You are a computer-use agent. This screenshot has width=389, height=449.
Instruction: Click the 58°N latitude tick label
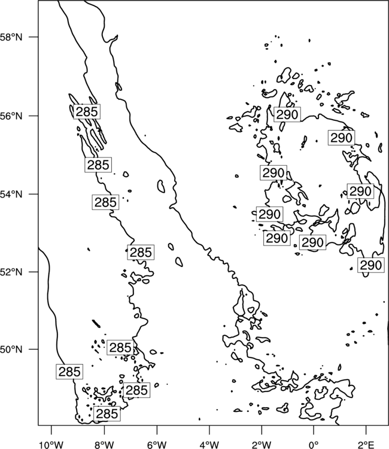click(x=11, y=37)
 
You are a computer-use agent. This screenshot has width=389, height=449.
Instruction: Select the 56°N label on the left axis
click(x=11, y=116)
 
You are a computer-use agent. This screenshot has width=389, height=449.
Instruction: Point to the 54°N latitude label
click(x=11, y=195)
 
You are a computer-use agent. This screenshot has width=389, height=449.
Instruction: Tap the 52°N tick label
click(x=11, y=272)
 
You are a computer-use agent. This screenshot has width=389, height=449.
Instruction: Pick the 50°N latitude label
click(x=11, y=350)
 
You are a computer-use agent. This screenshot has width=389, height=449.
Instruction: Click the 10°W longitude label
click(x=51, y=444)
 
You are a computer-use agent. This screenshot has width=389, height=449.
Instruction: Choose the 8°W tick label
click(x=104, y=444)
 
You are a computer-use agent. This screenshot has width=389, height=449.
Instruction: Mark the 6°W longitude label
click(x=157, y=444)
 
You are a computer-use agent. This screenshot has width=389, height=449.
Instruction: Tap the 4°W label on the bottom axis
click(x=209, y=444)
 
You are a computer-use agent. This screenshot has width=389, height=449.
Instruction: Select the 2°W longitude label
click(x=262, y=444)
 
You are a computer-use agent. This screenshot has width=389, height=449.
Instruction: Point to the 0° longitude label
click(x=314, y=444)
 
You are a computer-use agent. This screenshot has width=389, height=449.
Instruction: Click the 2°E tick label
click(x=366, y=444)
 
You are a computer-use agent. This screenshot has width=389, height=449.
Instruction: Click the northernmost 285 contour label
click(x=87, y=111)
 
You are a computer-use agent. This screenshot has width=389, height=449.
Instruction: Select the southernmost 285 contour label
click(x=107, y=414)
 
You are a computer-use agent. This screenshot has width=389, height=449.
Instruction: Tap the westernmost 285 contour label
click(x=69, y=372)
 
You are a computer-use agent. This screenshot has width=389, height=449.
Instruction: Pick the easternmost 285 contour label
click(x=141, y=252)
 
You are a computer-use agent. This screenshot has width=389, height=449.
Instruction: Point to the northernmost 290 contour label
click(x=287, y=114)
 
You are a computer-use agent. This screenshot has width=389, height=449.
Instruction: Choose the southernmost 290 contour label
click(x=370, y=265)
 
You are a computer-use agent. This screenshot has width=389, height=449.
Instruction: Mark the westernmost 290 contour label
click(x=269, y=214)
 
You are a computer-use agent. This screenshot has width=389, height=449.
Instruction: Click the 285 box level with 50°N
click(x=120, y=348)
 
